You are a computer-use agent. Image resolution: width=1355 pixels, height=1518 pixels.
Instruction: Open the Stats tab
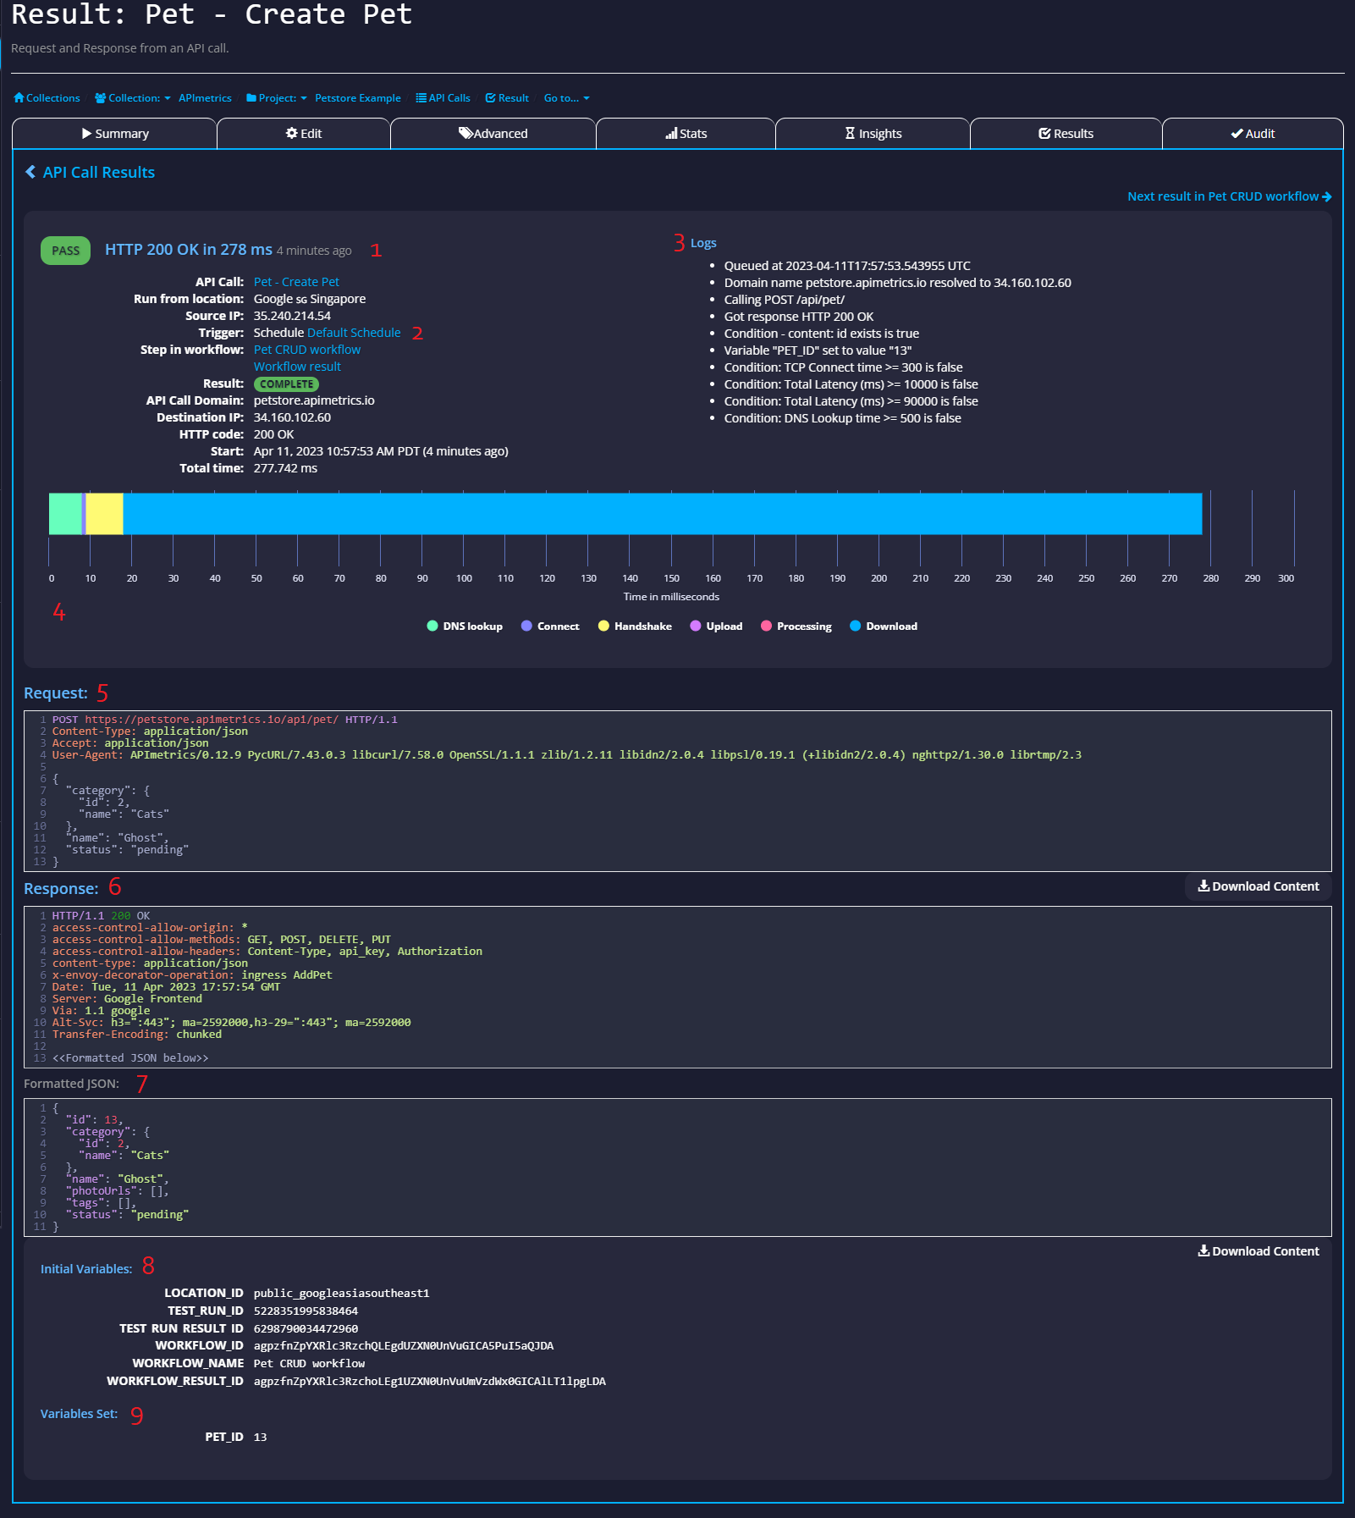pos(686,134)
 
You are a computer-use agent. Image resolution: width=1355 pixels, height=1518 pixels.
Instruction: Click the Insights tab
pos(873,134)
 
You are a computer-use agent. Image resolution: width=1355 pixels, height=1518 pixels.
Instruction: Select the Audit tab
pos(1253,134)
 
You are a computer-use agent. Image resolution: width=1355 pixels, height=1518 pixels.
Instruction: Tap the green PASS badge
pos(65,251)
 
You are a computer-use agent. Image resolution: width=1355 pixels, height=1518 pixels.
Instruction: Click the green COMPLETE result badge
pos(286,384)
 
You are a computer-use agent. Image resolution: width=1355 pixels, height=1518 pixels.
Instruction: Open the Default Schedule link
pos(354,333)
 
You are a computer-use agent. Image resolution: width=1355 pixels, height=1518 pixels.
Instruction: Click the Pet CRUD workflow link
pos(307,350)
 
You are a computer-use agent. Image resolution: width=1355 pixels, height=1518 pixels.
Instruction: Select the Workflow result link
pos(297,367)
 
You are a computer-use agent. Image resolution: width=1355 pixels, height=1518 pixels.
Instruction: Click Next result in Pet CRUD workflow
pos(1229,196)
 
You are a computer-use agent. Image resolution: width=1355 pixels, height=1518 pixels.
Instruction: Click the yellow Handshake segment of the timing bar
pos(105,514)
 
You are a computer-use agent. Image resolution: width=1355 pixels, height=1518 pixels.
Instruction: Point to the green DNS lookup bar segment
pos(65,514)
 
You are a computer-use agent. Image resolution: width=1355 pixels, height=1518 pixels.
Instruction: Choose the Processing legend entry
pos(796,627)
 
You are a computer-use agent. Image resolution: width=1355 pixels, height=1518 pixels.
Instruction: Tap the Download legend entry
pos(884,627)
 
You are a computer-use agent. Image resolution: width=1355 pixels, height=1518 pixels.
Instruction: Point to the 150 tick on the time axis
pos(672,578)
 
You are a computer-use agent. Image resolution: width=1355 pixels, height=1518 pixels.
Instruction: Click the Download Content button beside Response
pos(1259,886)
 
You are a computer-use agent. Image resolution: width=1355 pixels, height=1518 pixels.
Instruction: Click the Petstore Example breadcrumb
pos(358,98)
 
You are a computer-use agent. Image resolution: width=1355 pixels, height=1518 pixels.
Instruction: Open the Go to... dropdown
pos(567,98)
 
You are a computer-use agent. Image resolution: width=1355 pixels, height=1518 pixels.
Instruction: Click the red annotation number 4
pos(59,612)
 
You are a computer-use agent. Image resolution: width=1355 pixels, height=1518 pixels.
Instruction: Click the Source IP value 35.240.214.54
pos(292,316)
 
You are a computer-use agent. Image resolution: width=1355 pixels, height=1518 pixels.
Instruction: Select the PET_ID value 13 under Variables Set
pos(260,1437)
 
